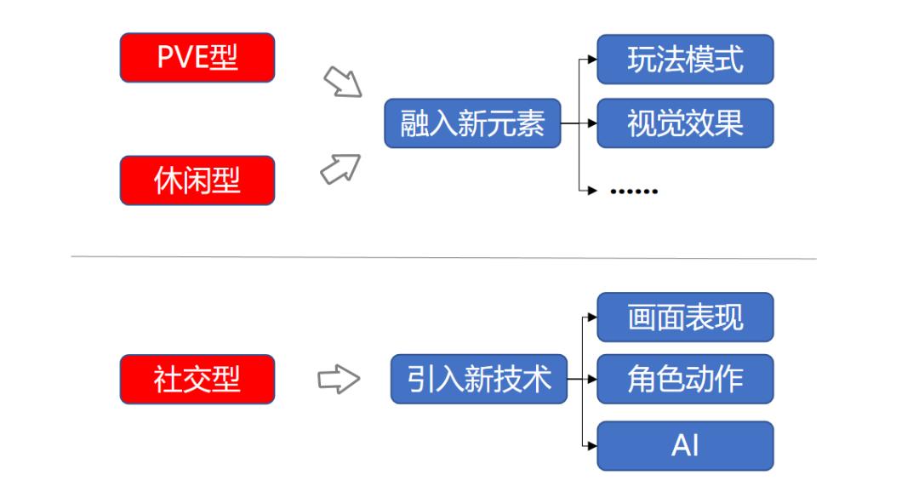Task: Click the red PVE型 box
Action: (x=197, y=58)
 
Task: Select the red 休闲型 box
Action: (x=197, y=180)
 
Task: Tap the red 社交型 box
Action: (x=197, y=379)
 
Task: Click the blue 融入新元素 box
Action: (x=472, y=123)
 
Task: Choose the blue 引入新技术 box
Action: (x=479, y=379)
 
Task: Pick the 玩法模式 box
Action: (x=685, y=60)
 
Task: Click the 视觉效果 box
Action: (x=685, y=123)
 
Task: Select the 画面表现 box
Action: (x=685, y=318)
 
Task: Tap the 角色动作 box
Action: (x=685, y=379)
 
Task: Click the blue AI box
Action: (x=685, y=446)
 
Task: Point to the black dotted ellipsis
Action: (x=634, y=192)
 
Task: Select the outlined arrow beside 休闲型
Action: (x=340, y=169)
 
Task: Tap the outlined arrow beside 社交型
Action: (x=339, y=379)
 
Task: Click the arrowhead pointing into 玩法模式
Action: (x=592, y=60)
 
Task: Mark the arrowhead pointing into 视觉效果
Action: (x=592, y=123)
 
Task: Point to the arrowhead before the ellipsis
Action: (x=592, y=190)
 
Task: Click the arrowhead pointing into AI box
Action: (x=592, y=446)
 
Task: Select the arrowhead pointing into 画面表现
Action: (x=592, y=318)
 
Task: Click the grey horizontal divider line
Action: (x=443, y=257)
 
